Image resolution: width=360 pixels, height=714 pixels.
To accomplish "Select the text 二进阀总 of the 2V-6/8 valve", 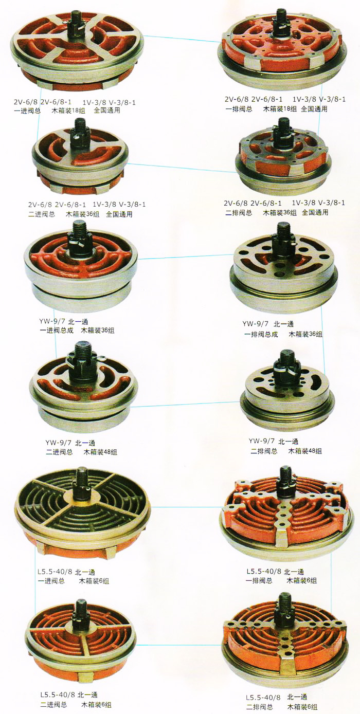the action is (x=42, y=214).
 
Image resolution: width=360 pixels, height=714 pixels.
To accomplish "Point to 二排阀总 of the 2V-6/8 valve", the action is (x=239, y=213).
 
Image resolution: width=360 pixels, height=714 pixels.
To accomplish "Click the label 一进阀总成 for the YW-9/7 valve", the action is (x=57, y=330).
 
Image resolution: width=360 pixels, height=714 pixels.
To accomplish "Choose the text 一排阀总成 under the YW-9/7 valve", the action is (x=261, y=334).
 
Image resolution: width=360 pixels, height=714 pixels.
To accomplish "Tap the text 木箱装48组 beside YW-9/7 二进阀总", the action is (x=100, y=452).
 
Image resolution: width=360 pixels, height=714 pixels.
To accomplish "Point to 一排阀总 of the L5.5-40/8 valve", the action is (x=259, y=580).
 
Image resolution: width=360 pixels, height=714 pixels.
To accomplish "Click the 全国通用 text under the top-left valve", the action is (x=107, y=111).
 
